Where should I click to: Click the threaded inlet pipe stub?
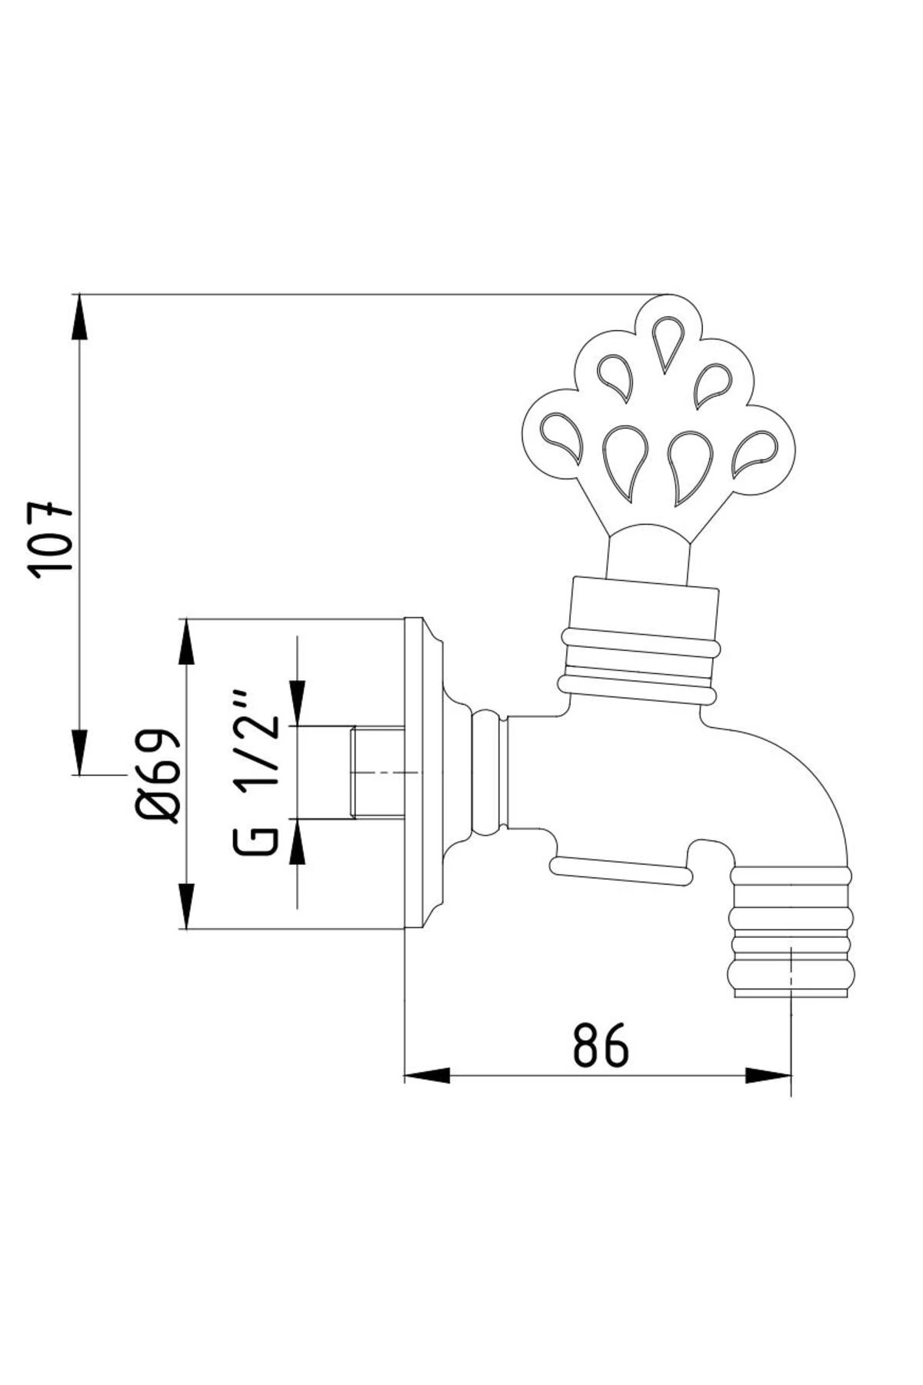[x=378, y=773]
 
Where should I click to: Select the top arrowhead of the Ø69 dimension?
[x=186, y=642]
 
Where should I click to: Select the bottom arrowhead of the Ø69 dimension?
[x=186, y=906]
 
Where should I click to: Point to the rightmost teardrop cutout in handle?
[x=755, y=453]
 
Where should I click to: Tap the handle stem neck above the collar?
[x=647, y=554]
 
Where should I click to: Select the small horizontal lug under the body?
[x=619, y=869]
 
